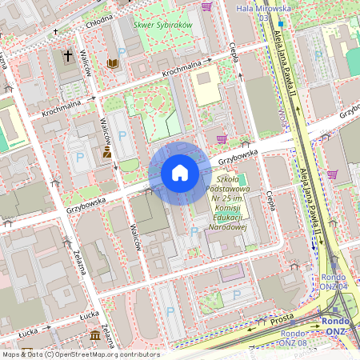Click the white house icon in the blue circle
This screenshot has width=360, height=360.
179,173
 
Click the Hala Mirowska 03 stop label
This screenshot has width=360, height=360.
260,11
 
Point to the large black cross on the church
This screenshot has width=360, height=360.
68,57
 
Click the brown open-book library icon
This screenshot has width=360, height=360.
113,62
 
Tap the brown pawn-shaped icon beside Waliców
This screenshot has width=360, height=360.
106,151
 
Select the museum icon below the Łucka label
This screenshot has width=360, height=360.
95,334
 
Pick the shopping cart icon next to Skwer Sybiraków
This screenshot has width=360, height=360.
207,7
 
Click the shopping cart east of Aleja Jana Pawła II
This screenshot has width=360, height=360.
332,174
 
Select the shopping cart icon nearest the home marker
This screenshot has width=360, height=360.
222,138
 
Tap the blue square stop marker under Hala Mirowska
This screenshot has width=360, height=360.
281,24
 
